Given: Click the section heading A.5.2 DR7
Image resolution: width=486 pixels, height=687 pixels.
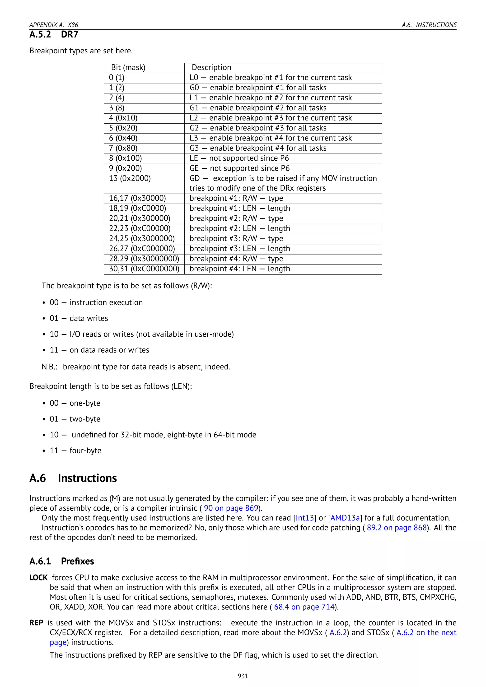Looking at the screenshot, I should [x=54, y=34].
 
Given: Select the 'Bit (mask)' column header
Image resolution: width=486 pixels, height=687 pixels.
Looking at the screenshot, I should [x=128, y=68].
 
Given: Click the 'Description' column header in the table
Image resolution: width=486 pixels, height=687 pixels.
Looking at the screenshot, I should [x=211, y=68].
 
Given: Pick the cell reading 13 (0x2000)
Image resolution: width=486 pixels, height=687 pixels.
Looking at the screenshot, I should [x=130, y=179].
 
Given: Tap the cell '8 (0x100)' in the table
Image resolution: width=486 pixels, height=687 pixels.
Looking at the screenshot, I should [x=125, y=158].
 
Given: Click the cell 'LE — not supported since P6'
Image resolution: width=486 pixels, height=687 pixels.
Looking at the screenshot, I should [x=239, y=158].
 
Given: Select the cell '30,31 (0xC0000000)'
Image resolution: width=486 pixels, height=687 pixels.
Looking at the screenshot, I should [x=144, y=269].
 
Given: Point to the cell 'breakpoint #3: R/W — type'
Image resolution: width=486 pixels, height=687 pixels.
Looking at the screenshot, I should [x=236, y=239].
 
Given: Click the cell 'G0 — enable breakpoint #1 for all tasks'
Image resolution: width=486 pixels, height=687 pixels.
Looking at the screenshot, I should [x=258, y=88].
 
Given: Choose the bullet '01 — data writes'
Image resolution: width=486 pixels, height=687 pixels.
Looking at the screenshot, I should [x=79, y=318].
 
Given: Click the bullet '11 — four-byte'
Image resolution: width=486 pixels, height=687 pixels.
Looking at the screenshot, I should [x=75, y=451].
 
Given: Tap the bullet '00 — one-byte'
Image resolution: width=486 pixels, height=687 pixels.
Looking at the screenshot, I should [x=75, y=403].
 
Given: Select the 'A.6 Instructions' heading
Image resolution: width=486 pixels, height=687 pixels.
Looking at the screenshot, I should [x=73, y=478].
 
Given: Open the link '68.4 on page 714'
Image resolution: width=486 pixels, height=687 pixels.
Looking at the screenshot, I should [x=304, y=607].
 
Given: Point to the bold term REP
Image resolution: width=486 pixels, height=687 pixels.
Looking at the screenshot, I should [x=36, y=623].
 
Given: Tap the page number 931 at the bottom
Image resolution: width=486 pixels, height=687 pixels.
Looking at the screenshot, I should [x=243, y=676].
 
